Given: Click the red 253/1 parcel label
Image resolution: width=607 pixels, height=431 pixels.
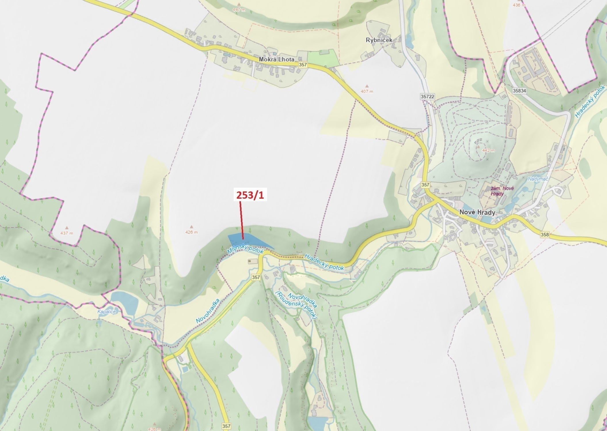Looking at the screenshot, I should pyautogui.click(x=250, y=195).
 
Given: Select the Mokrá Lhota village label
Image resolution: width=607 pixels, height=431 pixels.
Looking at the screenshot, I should pyautogui.click(x=276, y=59).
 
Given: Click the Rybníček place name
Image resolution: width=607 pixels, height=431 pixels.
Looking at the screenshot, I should pyautogui.click(x=379, y=40).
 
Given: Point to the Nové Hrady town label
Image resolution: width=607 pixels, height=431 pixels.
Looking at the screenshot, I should pyautogui.click(x=477, y=212).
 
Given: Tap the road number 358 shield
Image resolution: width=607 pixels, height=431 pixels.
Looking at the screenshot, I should pyautogui.click(x=545, y=235).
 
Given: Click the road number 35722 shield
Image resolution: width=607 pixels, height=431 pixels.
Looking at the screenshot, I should pyautogui.click(x=427, y=96).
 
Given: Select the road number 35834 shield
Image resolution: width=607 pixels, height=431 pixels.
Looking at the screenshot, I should pyautogui.click(x=519, y=91).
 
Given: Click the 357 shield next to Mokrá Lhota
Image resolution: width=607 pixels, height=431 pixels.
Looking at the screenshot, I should pyautogui.click(x=303, y=65).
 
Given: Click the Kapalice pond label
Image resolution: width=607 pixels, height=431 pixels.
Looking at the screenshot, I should pyautogui.click(x=106, y=312).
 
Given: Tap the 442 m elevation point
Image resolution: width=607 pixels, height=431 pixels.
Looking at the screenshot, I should pyautogui.click(x=488, y=150).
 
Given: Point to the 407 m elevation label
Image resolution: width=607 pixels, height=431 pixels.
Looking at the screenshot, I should pyautogui.click(x=367, y=91).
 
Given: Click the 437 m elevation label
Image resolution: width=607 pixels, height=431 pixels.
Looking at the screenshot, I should pyautogui.click(x=66, y=233).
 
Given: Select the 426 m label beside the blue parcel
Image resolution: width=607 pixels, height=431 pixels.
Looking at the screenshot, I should pyautogui.click(x=191, y=232).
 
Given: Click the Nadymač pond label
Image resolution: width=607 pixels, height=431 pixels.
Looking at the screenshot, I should pyautogui.click(x=538, y=179).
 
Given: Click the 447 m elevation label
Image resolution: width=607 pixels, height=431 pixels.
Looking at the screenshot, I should pyautogui.click(x=239, y=10).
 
